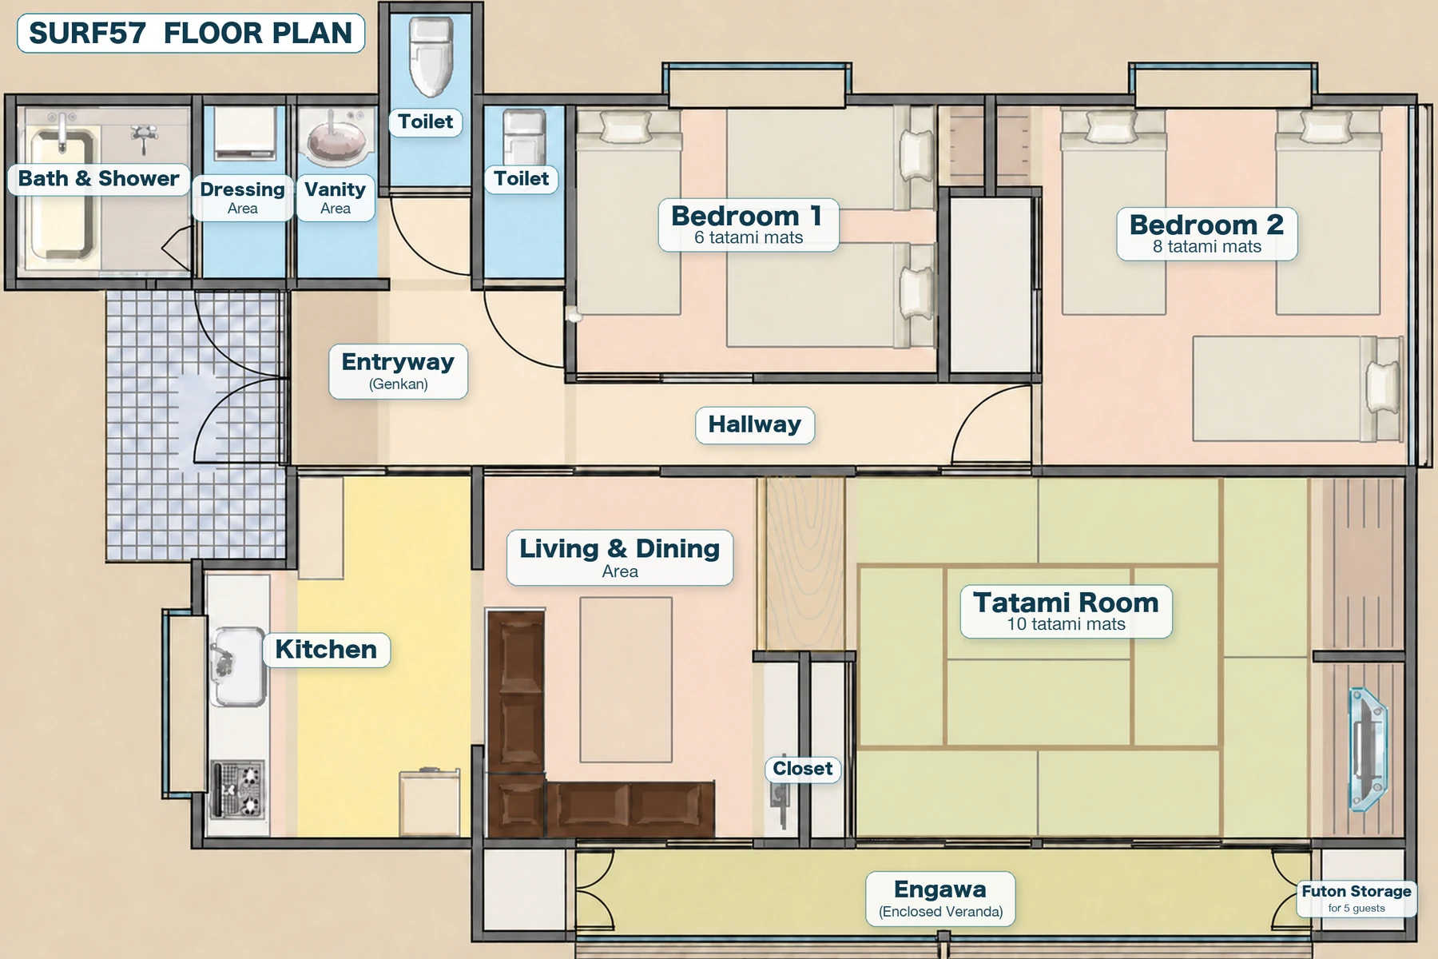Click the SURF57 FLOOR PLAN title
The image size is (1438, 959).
191,33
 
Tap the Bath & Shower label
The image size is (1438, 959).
98,178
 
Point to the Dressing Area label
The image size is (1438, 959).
242,197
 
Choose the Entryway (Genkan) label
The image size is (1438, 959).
398,371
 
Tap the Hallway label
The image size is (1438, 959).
754,424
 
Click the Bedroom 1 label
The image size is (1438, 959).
748,225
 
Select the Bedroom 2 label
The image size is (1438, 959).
1206,233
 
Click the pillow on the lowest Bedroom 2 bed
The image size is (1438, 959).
1383,388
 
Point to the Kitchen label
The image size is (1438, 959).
326,649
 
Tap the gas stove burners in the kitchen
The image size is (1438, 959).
238,789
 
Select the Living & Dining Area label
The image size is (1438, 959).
620,557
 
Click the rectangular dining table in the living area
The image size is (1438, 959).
626,679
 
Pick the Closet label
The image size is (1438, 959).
803,769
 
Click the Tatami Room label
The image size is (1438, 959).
1066,611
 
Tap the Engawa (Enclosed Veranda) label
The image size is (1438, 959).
940,899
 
